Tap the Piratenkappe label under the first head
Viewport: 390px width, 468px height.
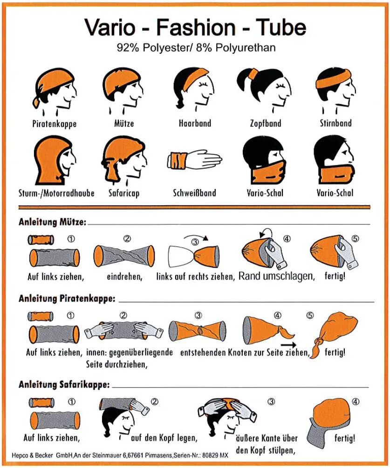[54, 124]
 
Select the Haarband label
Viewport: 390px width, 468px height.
[195, 123]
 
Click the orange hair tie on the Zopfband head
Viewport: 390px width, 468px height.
[253, 73]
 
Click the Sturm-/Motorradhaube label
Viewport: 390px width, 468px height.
[56, 193]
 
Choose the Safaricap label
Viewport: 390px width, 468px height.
[124, 193]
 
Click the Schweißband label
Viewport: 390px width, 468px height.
[194, 193]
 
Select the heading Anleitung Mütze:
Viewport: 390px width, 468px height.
[53, 222]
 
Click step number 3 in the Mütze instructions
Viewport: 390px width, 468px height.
[195, 242]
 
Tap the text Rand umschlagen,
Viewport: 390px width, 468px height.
[277, 276]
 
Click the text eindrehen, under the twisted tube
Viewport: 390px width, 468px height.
[124, 277]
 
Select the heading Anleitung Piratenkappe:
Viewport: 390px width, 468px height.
[67, 299]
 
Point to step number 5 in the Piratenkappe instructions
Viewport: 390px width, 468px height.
[310, 315]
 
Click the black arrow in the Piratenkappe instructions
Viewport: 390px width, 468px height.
[288, 345]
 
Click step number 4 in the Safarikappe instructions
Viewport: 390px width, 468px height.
[356, 402]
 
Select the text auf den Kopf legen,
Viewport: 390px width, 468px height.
[164, 438]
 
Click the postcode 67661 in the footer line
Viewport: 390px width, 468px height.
[137, 455]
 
